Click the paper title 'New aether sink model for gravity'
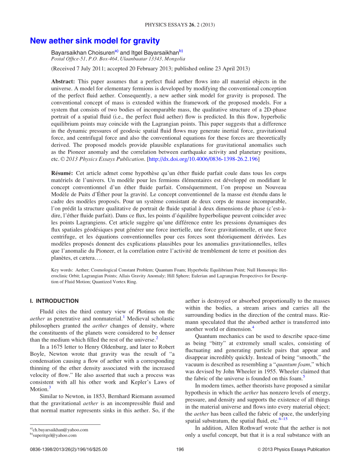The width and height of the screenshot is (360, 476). click(x=94, y=41)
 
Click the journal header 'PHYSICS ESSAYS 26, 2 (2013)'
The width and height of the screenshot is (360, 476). click(x=180, y=25)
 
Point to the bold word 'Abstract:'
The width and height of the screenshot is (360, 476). click(x=63, y=81)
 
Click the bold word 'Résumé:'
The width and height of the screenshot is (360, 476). click(x=62, y=173)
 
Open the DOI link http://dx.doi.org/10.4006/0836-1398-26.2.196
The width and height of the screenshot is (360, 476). click(x=202, y=159)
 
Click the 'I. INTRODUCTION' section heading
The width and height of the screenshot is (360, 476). click(x=54, y=301)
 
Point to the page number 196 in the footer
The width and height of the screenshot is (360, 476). click(x=180, y=449)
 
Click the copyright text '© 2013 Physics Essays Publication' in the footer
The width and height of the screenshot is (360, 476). click(x=294, y=449)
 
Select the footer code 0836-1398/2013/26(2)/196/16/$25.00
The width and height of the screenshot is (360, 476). click(x=69, y=449)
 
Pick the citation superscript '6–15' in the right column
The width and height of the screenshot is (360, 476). click(x=282, y=419)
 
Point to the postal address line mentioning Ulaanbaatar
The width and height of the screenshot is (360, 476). click(x=118, y=59)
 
